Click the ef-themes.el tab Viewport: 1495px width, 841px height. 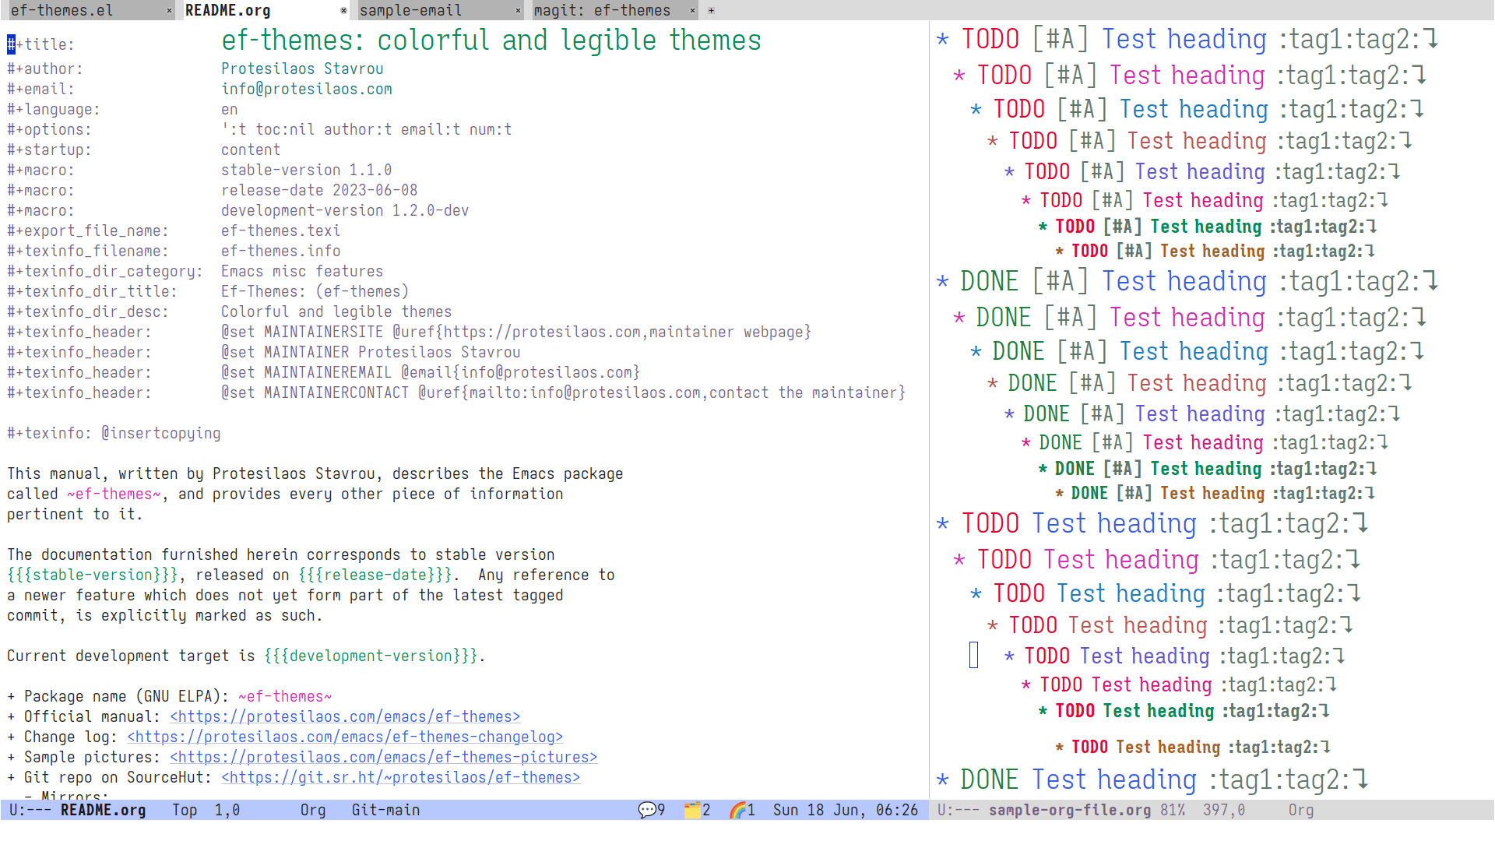[x=62, y=10]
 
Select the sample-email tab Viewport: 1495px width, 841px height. [x=410, y=10]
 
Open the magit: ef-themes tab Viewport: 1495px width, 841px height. [x=602, y=10]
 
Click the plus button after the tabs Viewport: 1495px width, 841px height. [x=711, y=11]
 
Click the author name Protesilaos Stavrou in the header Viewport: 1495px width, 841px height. [x=302, y=69]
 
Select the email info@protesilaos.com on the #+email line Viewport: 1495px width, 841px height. [x=307, y=89]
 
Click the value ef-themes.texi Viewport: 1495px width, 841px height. [x=280, y=230]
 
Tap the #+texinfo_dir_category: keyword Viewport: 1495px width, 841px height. [x=105, y=271]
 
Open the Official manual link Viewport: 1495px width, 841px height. [x=345, y=716]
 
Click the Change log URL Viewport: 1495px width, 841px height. [x=345, y=737]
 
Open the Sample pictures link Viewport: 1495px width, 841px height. [x=384, y=757]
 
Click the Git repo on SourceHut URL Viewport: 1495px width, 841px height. [x=401, y=777]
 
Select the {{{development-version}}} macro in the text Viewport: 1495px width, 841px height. [x=371, y=656]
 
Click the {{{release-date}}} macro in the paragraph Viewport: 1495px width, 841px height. [x=375, y=575]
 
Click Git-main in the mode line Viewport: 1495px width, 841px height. [x=385, y=810]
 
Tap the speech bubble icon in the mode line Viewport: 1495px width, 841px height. [x=647, y=810]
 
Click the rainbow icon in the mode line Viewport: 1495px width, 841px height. [x=738, y=810]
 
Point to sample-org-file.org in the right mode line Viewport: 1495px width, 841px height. [x=1070, y=810]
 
